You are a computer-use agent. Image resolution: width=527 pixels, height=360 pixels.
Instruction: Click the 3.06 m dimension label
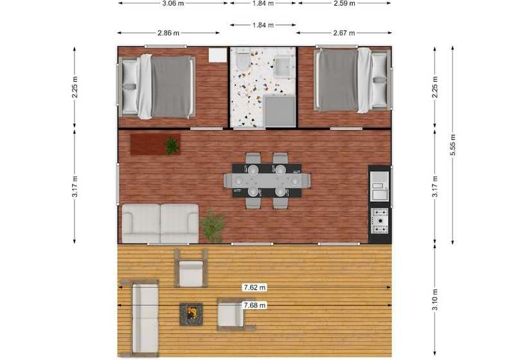pos(173,3)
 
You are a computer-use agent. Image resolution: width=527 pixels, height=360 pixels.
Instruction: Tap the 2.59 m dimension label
pos(344,3)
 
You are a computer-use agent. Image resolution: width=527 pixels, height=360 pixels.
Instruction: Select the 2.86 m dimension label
pos(168,32)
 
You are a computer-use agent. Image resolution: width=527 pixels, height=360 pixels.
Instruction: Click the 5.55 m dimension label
pos(452,145)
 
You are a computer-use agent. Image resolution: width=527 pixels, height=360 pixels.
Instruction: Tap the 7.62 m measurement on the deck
pos(255,287)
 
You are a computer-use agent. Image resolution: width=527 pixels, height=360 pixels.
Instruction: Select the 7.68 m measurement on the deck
pos(255,305)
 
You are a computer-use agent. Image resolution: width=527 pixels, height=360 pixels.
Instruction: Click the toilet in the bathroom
pos(241,61)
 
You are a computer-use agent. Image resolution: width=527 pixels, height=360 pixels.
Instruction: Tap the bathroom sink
pos(284,64)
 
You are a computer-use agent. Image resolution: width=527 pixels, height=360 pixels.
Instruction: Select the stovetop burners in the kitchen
pos(379,221)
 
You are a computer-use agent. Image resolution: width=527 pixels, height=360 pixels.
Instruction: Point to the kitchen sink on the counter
pos(379,190)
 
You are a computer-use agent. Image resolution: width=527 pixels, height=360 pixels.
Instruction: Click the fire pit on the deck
pos(191,314)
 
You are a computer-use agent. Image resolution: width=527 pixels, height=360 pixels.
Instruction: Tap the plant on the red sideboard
pos(172,146)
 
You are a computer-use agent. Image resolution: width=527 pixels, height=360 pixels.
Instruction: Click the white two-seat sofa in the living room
pos(161,223)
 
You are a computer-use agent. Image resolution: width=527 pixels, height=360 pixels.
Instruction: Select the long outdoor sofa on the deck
pos(145,318)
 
